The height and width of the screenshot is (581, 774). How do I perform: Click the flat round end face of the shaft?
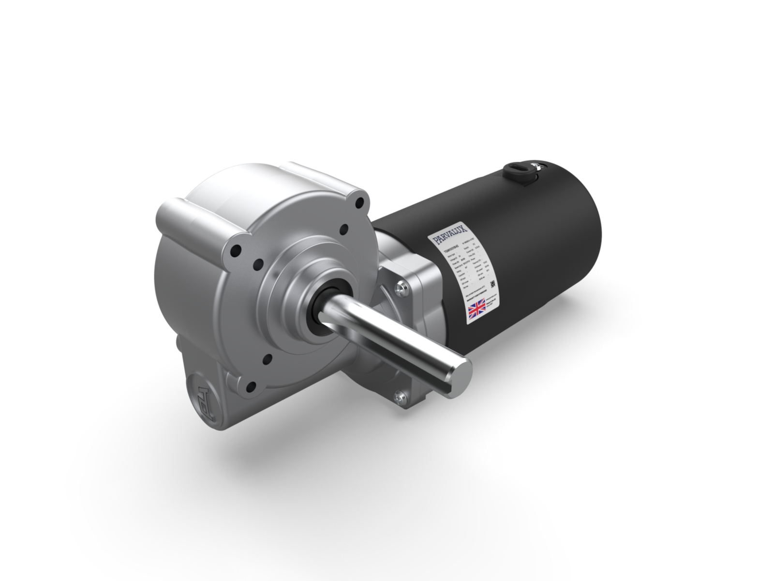[x=463, y=373]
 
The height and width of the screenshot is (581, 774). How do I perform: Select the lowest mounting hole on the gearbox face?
[x=251, y=386]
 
